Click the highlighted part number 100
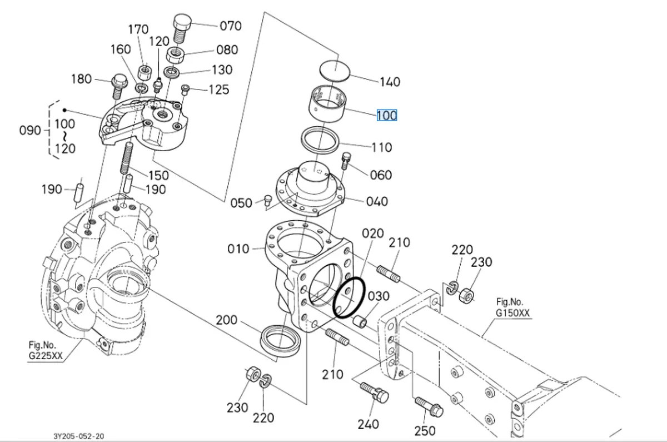[x=387, y=116]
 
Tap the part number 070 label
[x=230, y=25]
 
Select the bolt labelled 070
[x=181, y=29]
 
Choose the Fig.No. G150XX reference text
[x=512, y=307]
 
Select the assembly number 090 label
[x=30, y=130]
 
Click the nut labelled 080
[x=176, y=55]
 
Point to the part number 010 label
[x=238, y=249]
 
